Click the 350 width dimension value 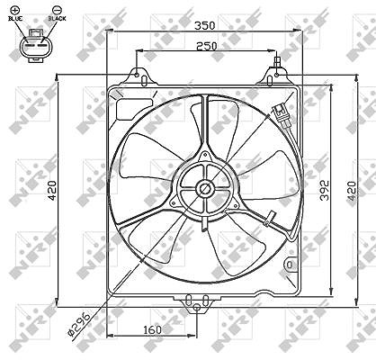(205, 26)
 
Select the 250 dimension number (206, 46)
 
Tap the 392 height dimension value (325, 190)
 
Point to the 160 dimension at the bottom (152, 330)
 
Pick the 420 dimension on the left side (52, 191)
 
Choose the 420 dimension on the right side (351, 191)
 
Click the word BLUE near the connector (15, 19)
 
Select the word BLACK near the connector (57, 19)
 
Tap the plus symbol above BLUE (16, 10)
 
